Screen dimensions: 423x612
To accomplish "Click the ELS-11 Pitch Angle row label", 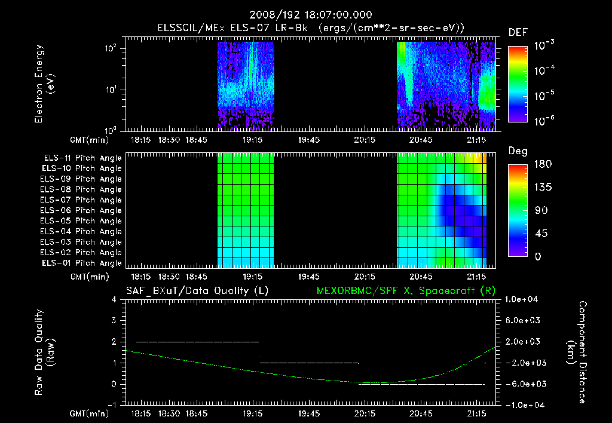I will [x=82, y=158].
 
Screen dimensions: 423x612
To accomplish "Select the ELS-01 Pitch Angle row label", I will [x=82, y=263].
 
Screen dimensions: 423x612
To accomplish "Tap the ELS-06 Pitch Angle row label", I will [x=82, y=211].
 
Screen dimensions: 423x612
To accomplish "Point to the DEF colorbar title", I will [x=518, y=32].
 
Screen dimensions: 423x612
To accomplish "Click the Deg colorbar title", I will [x=518, y=151].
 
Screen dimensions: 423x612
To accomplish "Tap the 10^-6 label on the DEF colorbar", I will [x=544, y=121].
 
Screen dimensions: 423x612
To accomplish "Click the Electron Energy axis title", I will [x=44, y=87].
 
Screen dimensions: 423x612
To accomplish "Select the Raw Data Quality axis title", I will [x=44, y=352].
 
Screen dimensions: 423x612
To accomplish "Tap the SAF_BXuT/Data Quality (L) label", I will [x=197, y=291].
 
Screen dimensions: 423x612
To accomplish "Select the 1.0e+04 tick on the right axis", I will [x=524, y=299].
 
